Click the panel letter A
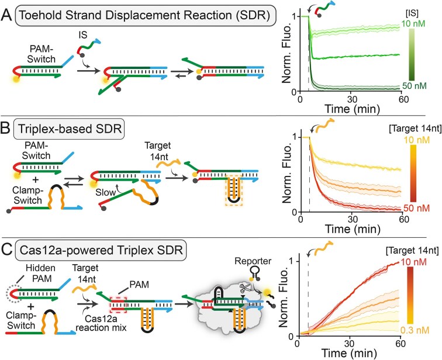click(x=6, y=15)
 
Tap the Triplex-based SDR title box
click(x=69, y=129)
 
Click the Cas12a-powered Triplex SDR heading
click(x=101, y=250)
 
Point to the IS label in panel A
click(x=83, y=34)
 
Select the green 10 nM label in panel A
click(x=413, y=23)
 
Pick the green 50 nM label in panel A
click(x=415, y=86)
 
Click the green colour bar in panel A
click(x=412, y=55)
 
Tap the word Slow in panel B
click(x=105, y=192)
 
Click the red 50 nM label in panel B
click(x=417, y=208)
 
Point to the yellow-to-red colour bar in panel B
click(x=413, y=173)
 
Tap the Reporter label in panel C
click(x=253, y=261)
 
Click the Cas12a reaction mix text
click(x=101, y=323)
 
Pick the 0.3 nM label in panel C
click(x=415, y=330)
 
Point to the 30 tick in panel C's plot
click(x=350, y=344)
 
